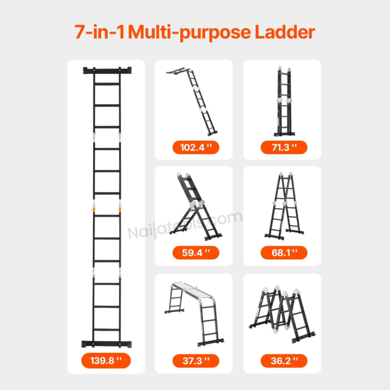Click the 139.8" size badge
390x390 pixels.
(x=106, y=361)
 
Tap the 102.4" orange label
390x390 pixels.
(x=196, y=147)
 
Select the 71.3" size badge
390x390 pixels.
(x=284, y=147)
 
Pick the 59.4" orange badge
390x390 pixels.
(x=196, y=253)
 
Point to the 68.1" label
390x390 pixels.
(x=284, y=253)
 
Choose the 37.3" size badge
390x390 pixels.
(x=196, y=361)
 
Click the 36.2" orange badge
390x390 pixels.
(x=284, y=361)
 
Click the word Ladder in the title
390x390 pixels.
(x=285, y=32)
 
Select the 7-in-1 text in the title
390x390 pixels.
(x=100, y=32)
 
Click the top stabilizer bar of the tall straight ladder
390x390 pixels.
(x=107, y=71)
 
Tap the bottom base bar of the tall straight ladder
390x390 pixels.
(x=107, y=344)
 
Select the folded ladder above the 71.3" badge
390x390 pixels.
(x=284, y=101)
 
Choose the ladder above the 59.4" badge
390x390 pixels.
(x=196, y=207)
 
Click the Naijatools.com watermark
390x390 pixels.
(x=185, y=225)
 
